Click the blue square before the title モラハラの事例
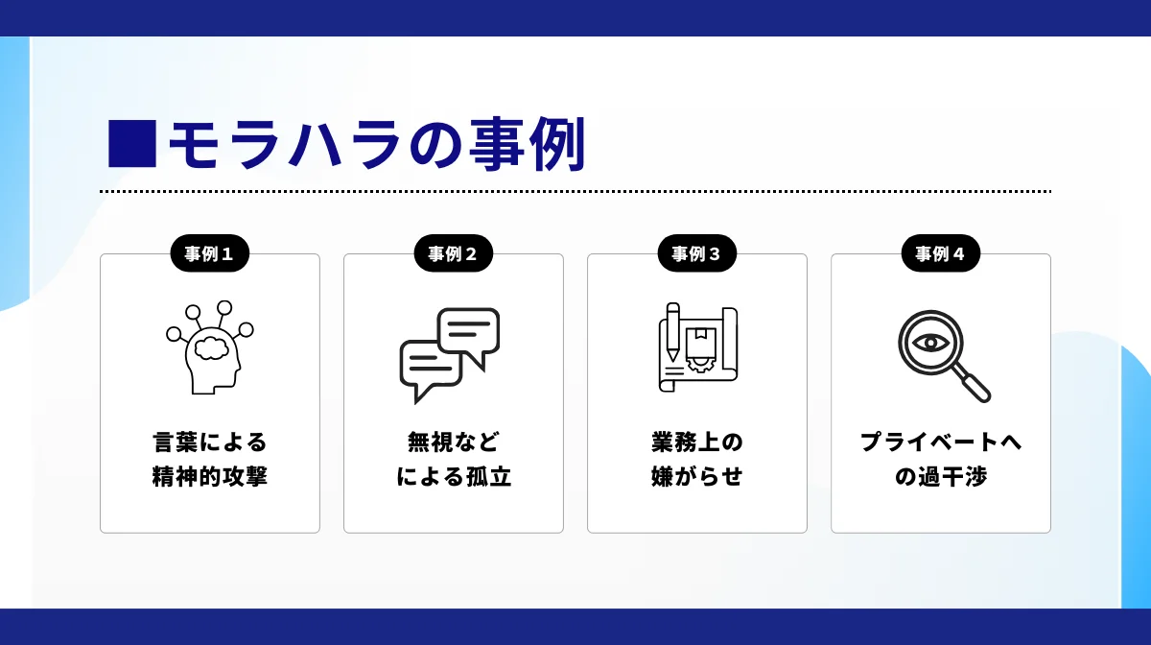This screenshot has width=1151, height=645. point(131,144)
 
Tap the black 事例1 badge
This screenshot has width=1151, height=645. point(209,254)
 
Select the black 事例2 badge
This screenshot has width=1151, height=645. point(453,254)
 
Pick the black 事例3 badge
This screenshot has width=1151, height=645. point(696,254)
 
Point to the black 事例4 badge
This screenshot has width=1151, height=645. point(940,254)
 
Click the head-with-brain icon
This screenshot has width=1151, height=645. point(209,347)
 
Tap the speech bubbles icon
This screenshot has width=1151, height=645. point(450,354)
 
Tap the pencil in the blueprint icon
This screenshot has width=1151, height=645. point(672,331)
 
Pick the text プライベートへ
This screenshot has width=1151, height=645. point(940,442)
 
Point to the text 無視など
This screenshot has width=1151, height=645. point(453,442)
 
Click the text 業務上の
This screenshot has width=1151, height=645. point(696,442)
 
